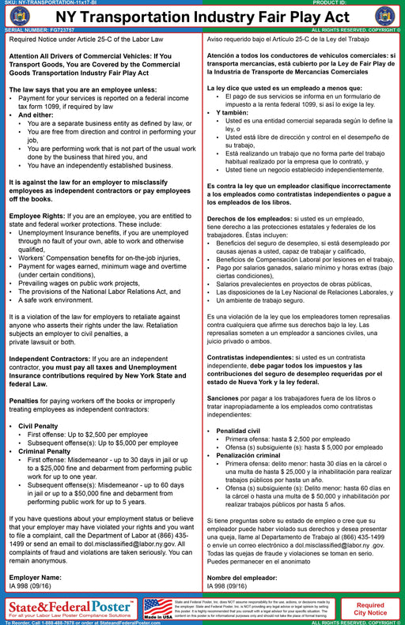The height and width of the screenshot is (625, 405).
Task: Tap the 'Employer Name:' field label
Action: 35,578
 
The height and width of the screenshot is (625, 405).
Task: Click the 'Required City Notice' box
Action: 375,608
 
